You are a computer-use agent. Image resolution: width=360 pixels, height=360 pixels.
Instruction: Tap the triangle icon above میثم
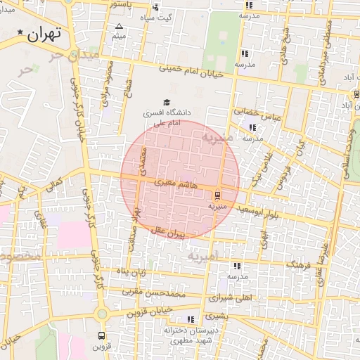pyautogui.click(x=118, y=27)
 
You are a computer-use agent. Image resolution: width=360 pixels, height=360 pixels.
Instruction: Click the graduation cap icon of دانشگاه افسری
pyautogui.click(x=167, y=102)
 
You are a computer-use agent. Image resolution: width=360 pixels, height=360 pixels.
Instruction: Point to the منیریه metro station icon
pyautogui.click(x=217, y=195)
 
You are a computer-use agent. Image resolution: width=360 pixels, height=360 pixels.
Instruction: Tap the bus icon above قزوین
pyautogui.click(x=102, y=336)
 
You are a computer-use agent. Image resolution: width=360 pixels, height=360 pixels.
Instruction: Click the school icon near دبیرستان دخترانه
pyautogui.click(x=191, y=320)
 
